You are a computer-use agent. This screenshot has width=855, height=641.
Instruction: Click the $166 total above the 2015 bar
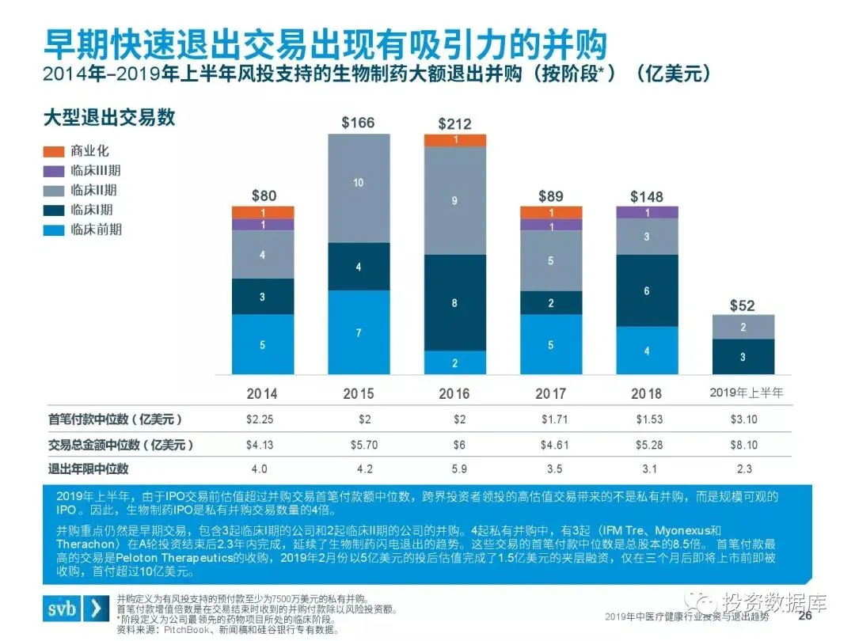(x=358, y=123)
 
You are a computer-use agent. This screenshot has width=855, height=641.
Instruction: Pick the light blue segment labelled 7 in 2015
(x=359, y=332)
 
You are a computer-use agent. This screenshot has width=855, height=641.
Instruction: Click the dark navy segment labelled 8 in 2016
(x=454, y=302)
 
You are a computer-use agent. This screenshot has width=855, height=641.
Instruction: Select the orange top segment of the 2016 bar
(x=454, y=140)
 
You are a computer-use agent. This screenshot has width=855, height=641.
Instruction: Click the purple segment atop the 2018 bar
(x=647, y=212)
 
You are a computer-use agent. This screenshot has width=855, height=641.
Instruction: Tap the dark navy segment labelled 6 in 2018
(x=647, y=290)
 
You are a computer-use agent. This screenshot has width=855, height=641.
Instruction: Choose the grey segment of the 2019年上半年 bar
(x=743, y=327)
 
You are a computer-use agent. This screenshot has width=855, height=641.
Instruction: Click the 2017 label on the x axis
(x=550, y=393)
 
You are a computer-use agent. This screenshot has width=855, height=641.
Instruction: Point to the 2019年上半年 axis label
(x=743, y=393)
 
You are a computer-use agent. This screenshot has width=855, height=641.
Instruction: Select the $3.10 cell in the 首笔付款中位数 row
(x=743, y=420)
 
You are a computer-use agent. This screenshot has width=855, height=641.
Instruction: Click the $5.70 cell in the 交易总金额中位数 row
(x=358, y=445)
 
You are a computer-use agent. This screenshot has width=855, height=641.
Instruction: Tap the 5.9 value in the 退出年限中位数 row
(x=454, y=468)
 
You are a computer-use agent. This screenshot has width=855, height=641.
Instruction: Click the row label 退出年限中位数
(x=89, y=468)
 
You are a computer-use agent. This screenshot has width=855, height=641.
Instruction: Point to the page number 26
(x=805, y=616)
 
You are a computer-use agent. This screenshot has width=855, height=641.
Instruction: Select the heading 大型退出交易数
(x=109, y=118)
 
